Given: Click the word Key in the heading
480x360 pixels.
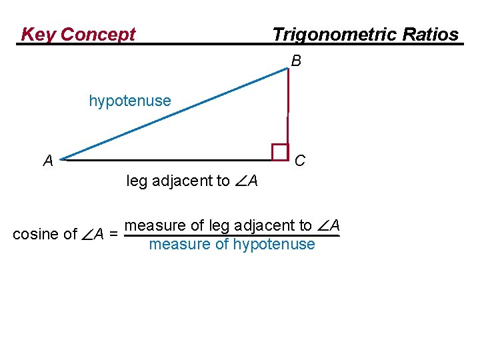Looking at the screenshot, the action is pos(38,35).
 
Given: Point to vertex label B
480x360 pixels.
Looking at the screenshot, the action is pos(296,61).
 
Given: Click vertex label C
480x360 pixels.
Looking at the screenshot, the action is pos(300,161).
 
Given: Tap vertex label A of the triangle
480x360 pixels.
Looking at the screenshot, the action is pos(48,161).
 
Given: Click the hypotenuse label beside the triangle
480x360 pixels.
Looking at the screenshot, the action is pos(130,101).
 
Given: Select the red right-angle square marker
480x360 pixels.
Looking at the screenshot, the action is pos(280,152).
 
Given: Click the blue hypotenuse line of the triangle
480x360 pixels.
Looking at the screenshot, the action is pos(173,114).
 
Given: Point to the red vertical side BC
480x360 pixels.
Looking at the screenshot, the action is pos(287,107).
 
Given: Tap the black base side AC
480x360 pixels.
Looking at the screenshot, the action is pos(167,160).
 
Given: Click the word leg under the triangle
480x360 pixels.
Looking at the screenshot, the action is pos(137,181).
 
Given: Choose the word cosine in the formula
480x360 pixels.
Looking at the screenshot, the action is pos(35,234).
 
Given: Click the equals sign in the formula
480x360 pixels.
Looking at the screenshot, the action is pos(114,234).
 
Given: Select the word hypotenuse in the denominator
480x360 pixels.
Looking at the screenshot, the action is pos(274,245).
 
